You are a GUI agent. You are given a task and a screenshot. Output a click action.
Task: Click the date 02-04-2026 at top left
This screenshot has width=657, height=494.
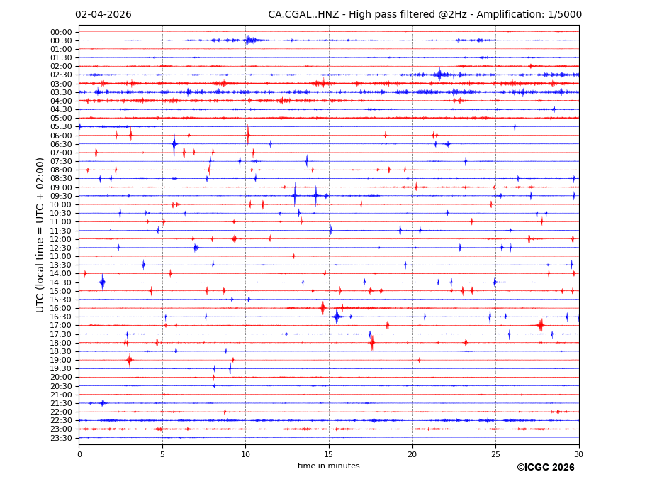[x=103, y=15]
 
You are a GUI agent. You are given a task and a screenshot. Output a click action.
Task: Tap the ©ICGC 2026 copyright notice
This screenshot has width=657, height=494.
[x=545, y=467]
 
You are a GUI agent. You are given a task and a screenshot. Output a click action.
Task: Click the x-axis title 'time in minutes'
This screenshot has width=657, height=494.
[x=328, y=466]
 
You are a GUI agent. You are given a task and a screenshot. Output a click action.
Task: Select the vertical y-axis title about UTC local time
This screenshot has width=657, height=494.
[x=40, y=234]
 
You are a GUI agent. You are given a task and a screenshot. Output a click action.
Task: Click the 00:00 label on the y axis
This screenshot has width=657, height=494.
[x=61, y=32]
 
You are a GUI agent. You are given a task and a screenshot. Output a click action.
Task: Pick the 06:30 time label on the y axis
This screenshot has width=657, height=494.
[x=61, y=144]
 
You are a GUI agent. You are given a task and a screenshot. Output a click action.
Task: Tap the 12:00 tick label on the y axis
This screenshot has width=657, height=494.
[x=61, y=239]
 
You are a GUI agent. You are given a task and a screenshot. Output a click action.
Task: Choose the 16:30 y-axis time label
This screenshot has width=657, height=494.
[x=61, y=317]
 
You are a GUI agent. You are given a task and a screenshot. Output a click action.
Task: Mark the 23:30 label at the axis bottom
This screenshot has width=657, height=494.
[x=61, y=438]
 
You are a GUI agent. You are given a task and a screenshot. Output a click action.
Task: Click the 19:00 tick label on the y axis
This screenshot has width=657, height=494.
[x=61, y=361]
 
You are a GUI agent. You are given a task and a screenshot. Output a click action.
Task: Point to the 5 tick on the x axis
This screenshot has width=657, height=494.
[x=162, y=454]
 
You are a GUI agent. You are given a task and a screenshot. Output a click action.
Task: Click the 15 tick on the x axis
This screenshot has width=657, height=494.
[x=329, y=454]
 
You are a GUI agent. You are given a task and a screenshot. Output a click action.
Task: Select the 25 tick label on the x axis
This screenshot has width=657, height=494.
[x=495, y=454]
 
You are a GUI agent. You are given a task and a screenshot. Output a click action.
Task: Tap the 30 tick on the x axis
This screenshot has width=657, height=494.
[x=578, y=454]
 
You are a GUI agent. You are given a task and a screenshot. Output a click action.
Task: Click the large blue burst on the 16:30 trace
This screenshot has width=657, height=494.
[x=337, y=317]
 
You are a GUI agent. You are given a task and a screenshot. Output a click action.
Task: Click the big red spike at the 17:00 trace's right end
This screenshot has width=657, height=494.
[x=541, y=325]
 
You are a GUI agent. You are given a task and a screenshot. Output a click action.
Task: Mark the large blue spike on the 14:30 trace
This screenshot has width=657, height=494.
[x=103, y=282]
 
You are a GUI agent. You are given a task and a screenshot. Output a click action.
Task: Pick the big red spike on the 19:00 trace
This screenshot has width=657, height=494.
[x=129, y=360]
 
